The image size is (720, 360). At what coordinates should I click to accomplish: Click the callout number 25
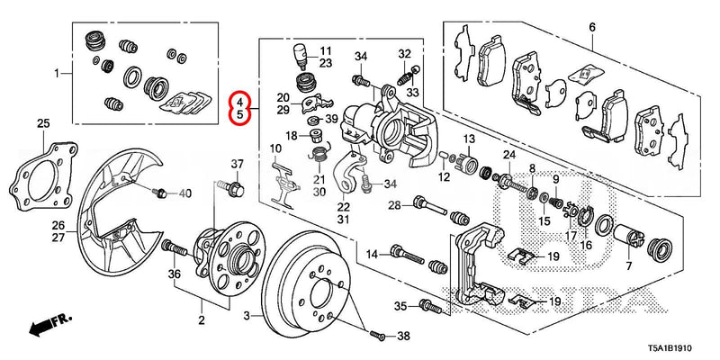tap(41, 122)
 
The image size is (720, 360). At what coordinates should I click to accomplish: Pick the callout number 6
tap(591, 28)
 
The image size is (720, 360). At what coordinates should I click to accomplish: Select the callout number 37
tap(238, 164)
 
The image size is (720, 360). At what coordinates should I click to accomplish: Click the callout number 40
tap(184, 194)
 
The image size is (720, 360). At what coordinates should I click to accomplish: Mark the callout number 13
tap(469, 139)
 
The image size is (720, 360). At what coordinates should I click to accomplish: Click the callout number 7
tap(628, 267)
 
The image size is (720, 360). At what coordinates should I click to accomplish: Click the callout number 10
tap(275, 148)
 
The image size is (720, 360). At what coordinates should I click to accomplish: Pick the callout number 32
tap(404, 53)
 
